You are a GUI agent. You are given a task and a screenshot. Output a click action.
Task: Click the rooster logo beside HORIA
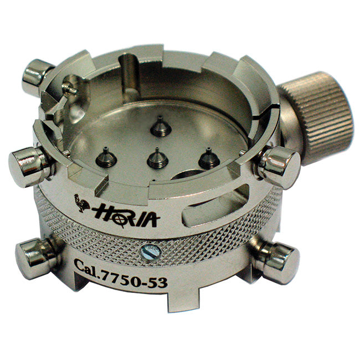pyautogui.click(x=81, y=203)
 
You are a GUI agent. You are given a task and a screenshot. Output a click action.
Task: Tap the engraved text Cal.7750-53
pyautogui.click(x=121, y=274)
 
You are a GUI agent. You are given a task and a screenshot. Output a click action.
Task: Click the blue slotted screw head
pyautogui.click(x=150, y=253)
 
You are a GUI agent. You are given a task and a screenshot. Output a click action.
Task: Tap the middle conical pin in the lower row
pyautogui.click(x=157, y=158)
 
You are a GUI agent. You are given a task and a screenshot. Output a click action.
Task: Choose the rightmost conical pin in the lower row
pyautogui.click(x=209, y=158)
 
